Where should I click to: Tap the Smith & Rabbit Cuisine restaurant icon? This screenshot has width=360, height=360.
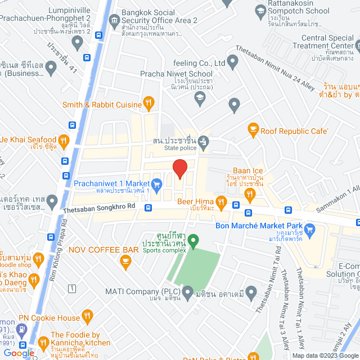148,102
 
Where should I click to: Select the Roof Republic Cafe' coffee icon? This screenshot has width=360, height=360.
253,130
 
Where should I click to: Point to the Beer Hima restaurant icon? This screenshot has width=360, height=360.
222,201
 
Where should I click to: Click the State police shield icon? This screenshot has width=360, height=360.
205,140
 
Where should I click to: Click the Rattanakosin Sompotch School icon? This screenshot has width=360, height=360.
260,11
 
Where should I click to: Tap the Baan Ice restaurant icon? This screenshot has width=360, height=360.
250,195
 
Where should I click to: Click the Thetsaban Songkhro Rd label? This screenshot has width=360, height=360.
99,206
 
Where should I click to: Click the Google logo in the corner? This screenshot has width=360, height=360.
19,353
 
